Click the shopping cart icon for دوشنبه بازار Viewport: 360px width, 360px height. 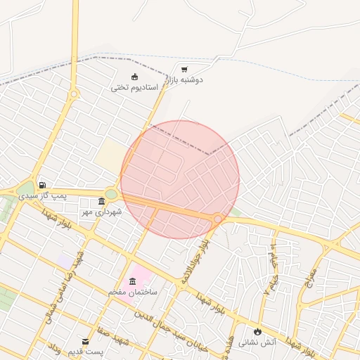184,70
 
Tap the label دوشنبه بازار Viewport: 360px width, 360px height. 184,80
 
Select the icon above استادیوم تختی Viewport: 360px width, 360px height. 134,77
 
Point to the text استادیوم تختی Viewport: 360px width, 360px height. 134,88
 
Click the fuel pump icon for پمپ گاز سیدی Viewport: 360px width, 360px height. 41,185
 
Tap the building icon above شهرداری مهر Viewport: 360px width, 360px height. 101,202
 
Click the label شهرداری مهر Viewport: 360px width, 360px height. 101,212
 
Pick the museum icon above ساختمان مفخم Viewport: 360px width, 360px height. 132,281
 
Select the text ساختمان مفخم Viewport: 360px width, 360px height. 134,291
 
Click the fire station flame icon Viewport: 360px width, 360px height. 257,331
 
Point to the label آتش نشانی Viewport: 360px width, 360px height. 257,342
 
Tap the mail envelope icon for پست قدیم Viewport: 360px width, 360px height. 86,341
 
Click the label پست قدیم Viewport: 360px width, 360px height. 86,351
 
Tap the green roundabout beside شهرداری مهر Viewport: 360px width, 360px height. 111,194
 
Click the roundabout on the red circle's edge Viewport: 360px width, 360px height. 219,219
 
